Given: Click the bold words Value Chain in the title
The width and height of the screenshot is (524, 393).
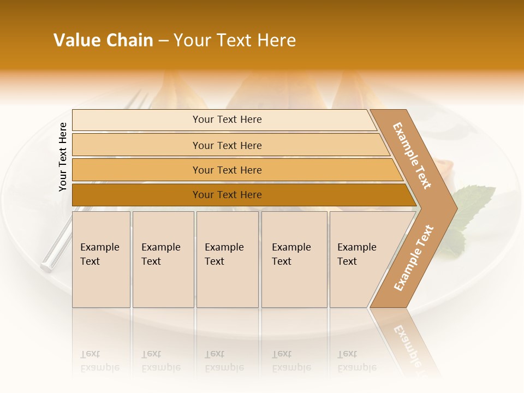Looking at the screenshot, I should [103, 40].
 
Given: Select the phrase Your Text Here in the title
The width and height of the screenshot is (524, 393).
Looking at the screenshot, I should [235, 40].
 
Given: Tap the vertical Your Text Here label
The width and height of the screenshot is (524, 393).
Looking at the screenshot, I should [63, 157].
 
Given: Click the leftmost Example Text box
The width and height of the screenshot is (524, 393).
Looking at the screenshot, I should [101, 259].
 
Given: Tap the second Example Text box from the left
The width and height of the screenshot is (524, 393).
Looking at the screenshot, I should [163, 259].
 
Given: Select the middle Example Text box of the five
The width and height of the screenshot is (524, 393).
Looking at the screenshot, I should [227, 259].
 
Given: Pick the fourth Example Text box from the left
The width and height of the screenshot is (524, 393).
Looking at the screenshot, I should [294, 259].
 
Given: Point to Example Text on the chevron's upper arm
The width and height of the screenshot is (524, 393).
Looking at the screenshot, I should [412, 156].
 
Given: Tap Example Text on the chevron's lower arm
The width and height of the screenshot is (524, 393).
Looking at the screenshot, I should [413, 258].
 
